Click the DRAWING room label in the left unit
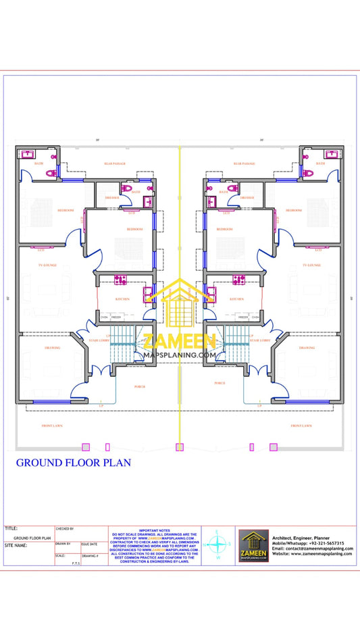click(53, 348)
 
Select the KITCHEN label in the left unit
click(122, 299)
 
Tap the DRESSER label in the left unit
click(112, 197)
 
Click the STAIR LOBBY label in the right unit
click(259, 340)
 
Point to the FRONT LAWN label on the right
click(301, 426)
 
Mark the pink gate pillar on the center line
click(180, 446)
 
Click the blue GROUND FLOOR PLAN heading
click(73, 463)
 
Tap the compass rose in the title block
click(218, 544)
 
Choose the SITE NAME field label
click(16, 544)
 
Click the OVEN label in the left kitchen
click(104, 316)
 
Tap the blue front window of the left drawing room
click(45, 403)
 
